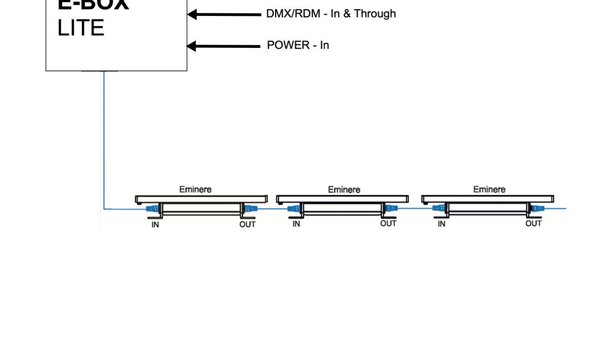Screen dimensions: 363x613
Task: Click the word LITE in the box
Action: point(81,28)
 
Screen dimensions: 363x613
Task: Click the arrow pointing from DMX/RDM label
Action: point(224,14)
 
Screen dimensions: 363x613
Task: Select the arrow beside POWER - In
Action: point(224,46)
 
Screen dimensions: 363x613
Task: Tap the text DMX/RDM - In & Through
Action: point(331,14)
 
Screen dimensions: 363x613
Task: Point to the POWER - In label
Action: point(298,45)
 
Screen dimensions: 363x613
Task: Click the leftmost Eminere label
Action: point(196,189)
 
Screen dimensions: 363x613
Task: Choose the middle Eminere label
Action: point(344,189)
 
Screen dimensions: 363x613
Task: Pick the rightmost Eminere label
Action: point(489,189)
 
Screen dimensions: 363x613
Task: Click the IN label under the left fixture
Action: point(155,225)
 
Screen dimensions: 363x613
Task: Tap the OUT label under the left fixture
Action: point(247,224)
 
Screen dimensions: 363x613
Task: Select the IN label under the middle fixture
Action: point(296,224)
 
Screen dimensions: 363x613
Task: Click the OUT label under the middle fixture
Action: point(388,223)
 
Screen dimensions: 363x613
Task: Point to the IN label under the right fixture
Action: point(441,224)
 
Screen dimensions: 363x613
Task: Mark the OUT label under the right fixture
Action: point(533,223)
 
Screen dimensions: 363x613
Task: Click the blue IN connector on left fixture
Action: point(152,209)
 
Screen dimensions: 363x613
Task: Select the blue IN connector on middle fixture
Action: point(294,209)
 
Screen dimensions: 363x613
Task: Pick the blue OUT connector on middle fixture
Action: point(391,208)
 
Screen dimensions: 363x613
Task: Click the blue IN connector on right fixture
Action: point(439,208)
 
